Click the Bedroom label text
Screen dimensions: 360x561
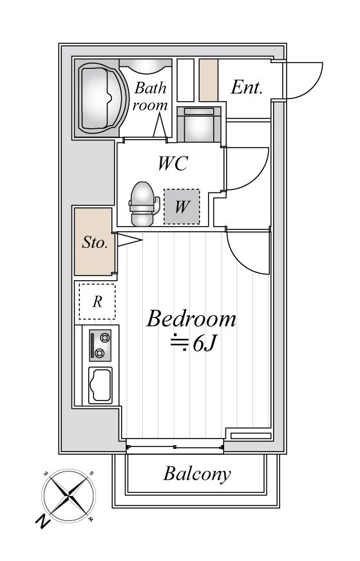tap(191, 319)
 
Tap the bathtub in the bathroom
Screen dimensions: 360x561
tap(102, 98)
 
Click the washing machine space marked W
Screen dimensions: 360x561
tap(182, 207)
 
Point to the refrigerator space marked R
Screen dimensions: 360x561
tap(97, 301)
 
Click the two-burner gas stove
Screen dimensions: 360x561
tap(100, 345)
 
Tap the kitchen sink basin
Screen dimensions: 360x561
tap(100, 385)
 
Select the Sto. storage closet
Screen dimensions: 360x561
tap(95, 242)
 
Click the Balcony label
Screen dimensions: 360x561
tap(197, 474)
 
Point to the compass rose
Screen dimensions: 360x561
tap(69, 495)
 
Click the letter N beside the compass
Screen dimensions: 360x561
tap(43, 521)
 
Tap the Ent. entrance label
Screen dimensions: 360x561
tap(247, 87)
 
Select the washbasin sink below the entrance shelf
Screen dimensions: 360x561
tap(199, 124)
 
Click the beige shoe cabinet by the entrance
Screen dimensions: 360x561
tap(209, 80)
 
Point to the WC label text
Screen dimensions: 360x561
tap(173, 164)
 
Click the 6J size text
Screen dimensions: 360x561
tap(204, 344)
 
